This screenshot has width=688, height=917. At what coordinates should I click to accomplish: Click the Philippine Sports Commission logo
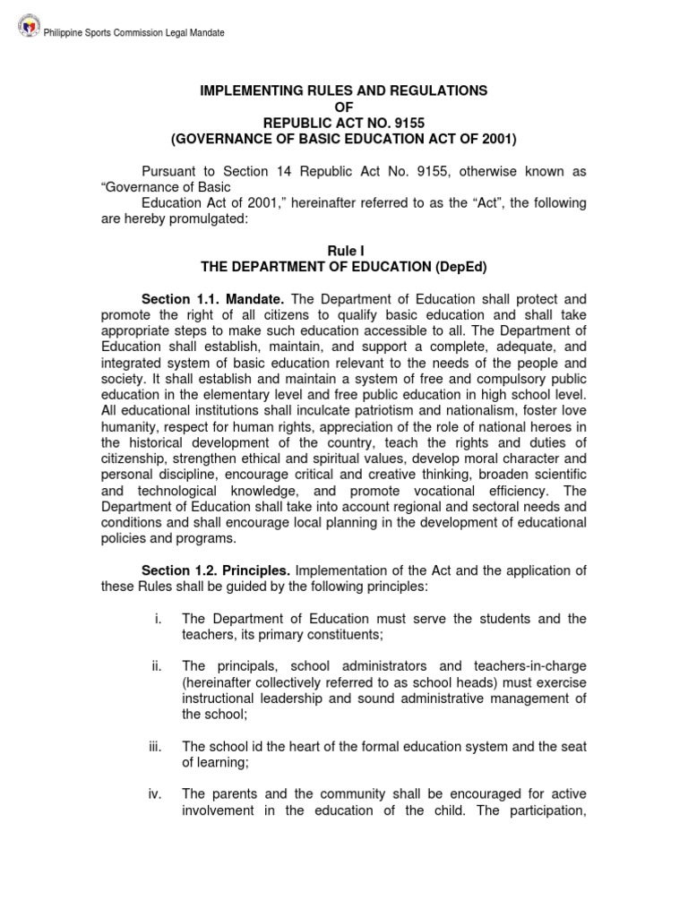point(29,31)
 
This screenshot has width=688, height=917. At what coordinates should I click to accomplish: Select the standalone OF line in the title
point(343,107)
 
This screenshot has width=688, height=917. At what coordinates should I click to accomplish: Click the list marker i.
point(158,619)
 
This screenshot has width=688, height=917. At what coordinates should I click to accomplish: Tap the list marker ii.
point(157,665)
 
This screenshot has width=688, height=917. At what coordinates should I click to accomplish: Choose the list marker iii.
point(156,745)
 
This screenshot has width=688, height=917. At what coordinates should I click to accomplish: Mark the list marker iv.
point(156,793)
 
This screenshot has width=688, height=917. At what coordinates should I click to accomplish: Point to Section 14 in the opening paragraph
point(279,171)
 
